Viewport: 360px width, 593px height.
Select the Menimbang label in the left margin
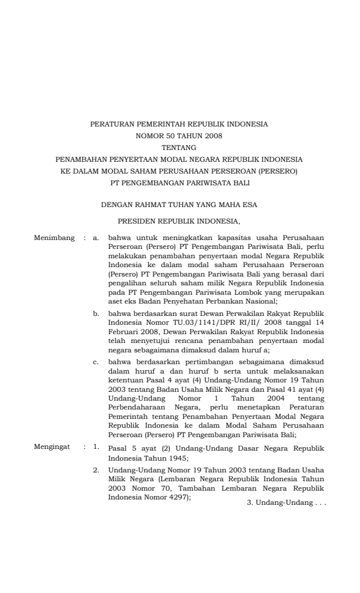[x=55, y=238]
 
